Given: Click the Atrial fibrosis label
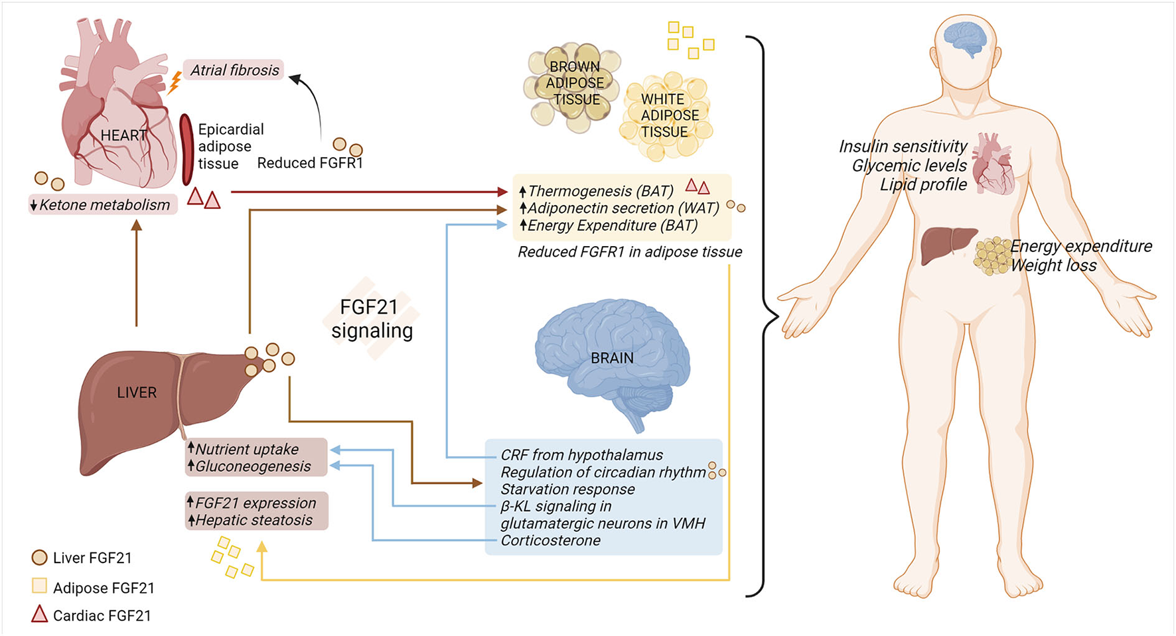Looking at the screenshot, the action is [234, 70].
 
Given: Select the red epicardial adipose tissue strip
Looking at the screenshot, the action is [186, 150].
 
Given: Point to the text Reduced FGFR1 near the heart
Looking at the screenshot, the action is [310, 163].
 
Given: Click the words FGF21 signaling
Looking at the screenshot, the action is [372, 318].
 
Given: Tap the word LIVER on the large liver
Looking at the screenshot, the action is [137, 393].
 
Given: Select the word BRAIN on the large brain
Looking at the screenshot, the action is [612, 358].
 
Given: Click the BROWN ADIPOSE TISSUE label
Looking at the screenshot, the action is [575, 83].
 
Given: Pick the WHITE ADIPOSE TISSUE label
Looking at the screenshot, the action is [669, 115].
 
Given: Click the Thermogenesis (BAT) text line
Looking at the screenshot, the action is [597, 191].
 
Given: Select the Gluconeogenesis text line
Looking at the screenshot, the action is [250, 466].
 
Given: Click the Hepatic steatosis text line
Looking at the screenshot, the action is [250, 520].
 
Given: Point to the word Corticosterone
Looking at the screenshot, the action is [550, 541].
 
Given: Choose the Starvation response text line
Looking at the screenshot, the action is [567, 489].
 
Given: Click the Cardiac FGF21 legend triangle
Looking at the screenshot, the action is [40, 615].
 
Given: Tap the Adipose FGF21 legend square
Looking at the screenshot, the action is [40, 586].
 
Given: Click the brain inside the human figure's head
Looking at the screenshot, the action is [966, 39].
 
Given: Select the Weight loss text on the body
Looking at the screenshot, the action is [1053, 266].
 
